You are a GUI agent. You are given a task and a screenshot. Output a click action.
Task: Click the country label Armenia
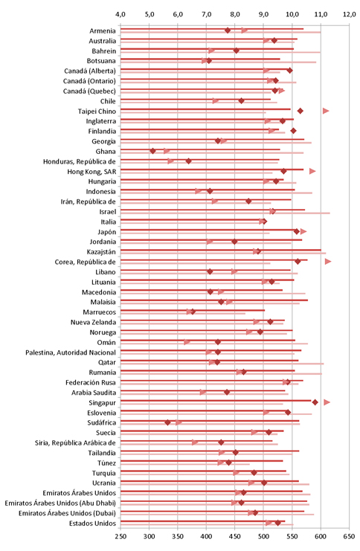point(103,31)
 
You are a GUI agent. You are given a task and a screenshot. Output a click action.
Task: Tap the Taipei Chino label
point(97,112)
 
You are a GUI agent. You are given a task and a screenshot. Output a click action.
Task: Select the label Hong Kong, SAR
point(91,172)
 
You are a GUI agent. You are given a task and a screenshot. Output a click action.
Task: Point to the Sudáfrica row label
point(102,423)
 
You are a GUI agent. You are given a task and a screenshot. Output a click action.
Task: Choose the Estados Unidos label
point(92,523)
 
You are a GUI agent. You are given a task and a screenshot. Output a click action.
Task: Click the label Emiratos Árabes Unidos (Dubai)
point(67,513)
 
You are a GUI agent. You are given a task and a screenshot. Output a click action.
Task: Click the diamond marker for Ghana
point(152,151)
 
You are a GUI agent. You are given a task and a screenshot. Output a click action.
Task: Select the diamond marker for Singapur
point(315,402)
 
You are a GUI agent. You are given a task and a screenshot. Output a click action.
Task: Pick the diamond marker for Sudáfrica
point(167,422)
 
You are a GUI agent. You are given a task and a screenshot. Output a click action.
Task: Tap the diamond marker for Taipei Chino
point(300,111)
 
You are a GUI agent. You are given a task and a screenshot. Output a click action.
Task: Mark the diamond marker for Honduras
point(188,161)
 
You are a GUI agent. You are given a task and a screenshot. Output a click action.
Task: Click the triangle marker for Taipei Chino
point(326,111)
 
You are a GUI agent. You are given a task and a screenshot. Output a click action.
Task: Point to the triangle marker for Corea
point(328,262)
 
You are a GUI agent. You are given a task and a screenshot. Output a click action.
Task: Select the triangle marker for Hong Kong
point(312,171)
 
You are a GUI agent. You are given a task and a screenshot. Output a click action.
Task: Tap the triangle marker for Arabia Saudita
point(203,392)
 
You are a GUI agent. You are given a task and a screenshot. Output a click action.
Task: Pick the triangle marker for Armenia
point(244,30)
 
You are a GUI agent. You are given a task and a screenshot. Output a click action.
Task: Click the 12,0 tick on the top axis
point(350,14)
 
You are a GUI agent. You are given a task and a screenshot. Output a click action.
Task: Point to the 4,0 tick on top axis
point(120,14)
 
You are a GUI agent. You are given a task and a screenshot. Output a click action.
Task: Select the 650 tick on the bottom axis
point(349,537)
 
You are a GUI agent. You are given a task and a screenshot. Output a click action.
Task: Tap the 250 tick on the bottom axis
point(120,537)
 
